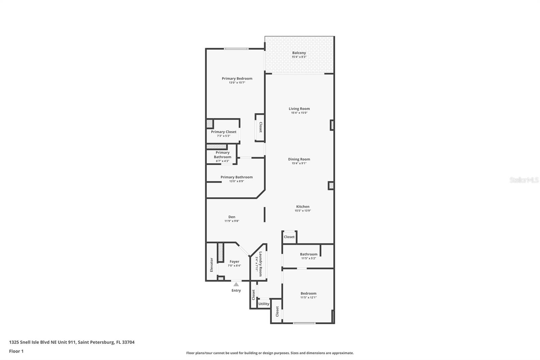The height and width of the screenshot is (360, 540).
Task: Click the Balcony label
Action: tap(299, 53)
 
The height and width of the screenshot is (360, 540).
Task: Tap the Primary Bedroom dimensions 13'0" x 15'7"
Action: tap(237, 82)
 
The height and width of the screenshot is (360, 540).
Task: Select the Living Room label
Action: tap(299, 109)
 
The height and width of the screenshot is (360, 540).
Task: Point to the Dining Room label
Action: tap(299, 159)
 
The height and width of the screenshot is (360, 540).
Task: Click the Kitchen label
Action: tap(303, 206)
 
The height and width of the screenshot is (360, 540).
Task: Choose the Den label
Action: tap(232, 217)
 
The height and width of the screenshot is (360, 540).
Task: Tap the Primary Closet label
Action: tap(223, 132)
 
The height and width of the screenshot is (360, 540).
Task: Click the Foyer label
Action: tap(234, 261)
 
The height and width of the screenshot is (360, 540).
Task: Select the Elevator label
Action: tap(212, 265)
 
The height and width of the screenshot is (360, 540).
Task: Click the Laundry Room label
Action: tap(261, 264)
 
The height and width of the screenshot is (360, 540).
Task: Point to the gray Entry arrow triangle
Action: tap(236, 284)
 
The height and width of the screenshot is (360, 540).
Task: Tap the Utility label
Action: tap(264, 304)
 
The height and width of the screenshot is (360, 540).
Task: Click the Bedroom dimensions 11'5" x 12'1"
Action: tap(308, 298)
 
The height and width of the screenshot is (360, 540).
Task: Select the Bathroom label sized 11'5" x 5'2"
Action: tap(308, 254)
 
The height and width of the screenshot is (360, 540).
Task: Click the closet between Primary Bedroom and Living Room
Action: tap(260, 127)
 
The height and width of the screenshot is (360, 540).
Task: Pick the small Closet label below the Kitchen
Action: tap(289, 237)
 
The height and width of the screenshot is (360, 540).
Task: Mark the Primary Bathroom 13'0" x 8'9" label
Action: tap(237, 177)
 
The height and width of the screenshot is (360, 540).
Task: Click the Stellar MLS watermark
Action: tap(524, 180)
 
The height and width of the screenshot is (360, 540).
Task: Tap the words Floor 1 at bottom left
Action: tap(16, 351)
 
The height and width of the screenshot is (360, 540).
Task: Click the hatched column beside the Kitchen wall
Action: tap(331, 185)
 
